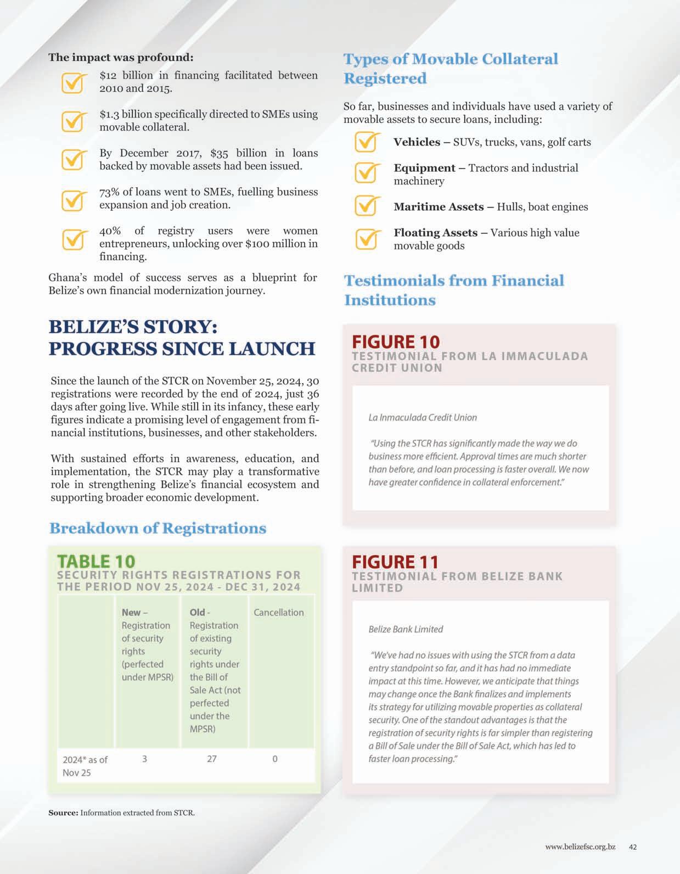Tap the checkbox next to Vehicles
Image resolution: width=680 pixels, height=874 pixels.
coord(366,142)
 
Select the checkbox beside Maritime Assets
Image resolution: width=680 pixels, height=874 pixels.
coord(366,206)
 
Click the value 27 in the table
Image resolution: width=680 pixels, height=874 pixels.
coord(212,759)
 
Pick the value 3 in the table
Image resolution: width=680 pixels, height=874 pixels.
coord(144,759)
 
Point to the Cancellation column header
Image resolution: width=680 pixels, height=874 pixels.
coord(278,612)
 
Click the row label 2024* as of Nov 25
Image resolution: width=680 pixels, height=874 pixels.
coord(85,766)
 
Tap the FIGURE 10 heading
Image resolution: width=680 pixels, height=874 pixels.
coord(396,341)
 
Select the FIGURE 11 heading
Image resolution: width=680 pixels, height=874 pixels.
coord(395,562)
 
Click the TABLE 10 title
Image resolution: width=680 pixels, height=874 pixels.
coord(96,561)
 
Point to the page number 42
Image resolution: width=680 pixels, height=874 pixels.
coord(633,847)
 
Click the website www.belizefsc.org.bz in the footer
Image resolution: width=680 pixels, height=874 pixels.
coord(580,847)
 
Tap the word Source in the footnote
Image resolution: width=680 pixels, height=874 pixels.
coord(63,813)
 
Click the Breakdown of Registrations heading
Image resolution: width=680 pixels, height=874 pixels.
coord(158,528)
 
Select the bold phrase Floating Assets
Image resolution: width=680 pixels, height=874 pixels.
coord(435,233)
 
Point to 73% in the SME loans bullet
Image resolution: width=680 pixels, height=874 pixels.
coord(109,192)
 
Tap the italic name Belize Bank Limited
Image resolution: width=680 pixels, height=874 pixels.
coord(406,629)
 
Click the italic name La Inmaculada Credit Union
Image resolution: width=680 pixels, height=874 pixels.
coord(423,417)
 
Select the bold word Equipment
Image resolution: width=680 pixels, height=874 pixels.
coord(424,168)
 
